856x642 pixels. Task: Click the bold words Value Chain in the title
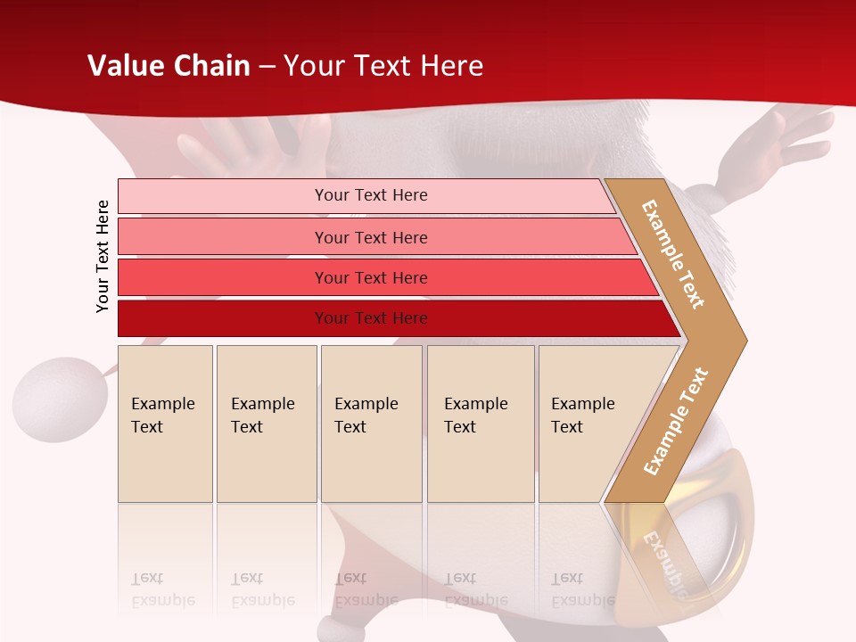[169, 66]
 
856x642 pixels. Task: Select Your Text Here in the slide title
[383, 66]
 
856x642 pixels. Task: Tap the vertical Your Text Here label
[103, 256]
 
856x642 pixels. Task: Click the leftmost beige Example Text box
[165, 423]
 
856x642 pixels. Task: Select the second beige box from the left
[266, 423]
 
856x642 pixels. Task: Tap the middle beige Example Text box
[371, 423]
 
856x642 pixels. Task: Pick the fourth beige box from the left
[480, 423]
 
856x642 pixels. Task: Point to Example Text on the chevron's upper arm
[673, 254]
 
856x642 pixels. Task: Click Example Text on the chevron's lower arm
[676, 421]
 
